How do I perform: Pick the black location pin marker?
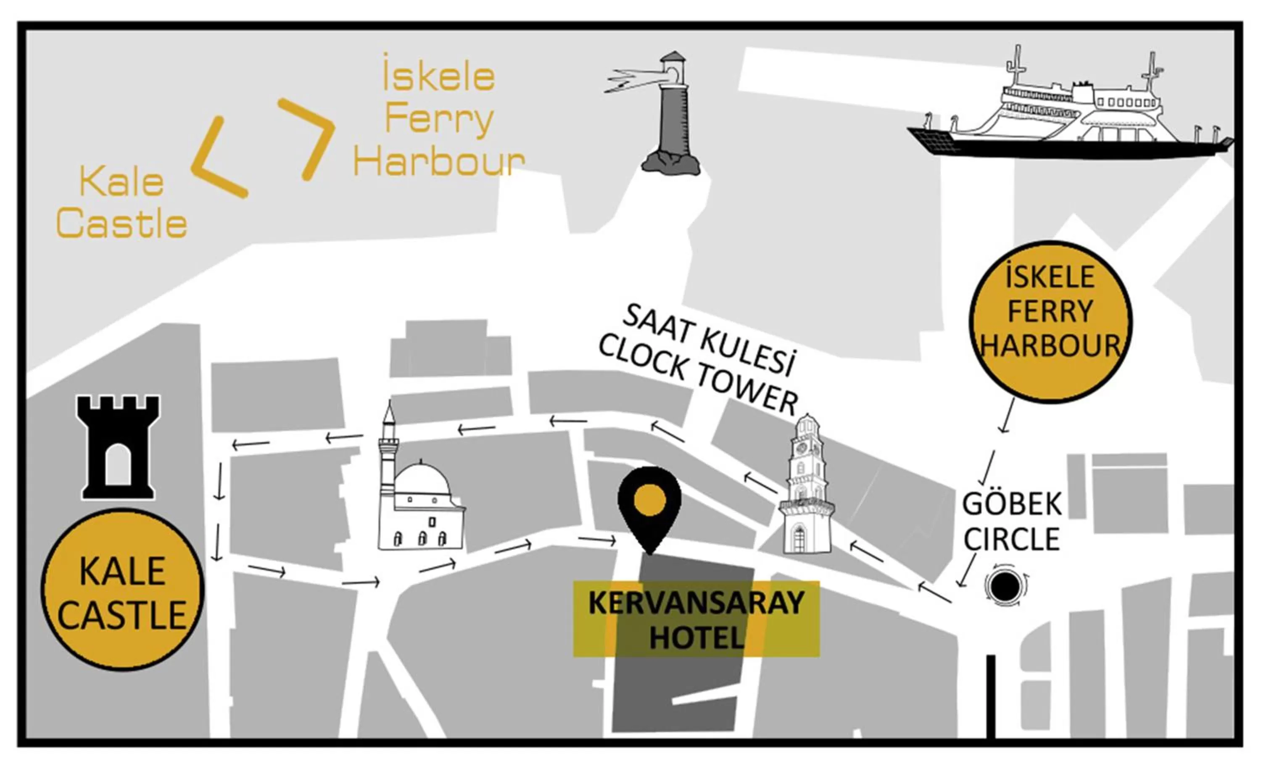(x=649, y=506)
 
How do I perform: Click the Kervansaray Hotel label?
(x=696, y=619)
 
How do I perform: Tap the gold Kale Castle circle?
(x=122, y=590)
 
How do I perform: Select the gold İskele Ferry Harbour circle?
(x=1050, y=322)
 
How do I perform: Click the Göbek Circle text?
(x=1011, y=522)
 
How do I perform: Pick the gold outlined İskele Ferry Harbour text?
(x=439, y=120)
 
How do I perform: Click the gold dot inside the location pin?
(x=649, y=499)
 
